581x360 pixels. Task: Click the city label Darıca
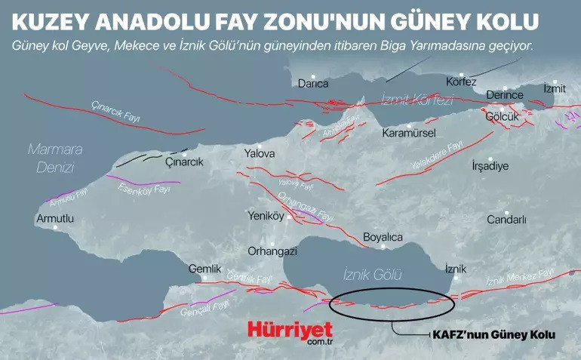tap(312, 83)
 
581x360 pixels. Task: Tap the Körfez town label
tap(461, 82)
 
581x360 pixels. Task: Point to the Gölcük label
tap(503, 117)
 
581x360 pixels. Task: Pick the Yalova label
tap(260, 154)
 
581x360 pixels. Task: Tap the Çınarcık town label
tap(184, 162)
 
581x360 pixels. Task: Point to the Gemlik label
tap(204, 269)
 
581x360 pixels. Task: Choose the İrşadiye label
tap(490, 165)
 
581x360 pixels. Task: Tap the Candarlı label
tap(506, 220)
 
